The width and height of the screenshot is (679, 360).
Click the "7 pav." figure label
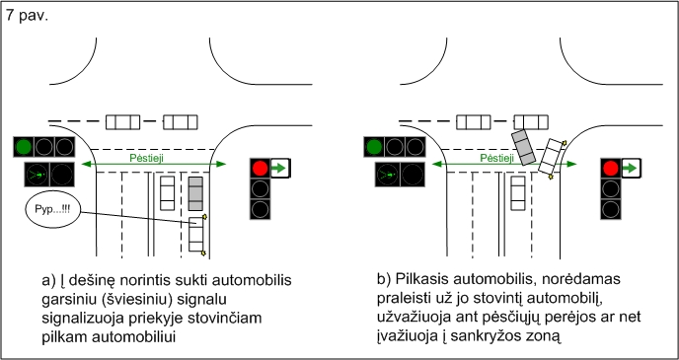point(27,16)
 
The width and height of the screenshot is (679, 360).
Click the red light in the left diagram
point(260,168)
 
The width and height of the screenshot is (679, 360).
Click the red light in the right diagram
point(611,168)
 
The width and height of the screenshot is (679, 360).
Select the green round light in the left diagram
point(24,147)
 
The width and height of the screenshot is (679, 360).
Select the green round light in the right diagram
point(374,147)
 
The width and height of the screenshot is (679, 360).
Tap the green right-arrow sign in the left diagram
point(280,168)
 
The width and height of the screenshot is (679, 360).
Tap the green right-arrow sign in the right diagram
point(632,168)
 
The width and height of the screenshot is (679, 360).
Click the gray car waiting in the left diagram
point(195,194)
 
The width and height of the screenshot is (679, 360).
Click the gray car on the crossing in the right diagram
point(523,147)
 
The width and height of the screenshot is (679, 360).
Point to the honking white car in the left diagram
point(195,234)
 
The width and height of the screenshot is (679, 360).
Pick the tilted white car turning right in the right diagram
point(552,157)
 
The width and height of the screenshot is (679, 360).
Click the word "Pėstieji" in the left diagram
point(147,159)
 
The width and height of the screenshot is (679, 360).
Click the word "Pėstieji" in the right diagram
point(497,159)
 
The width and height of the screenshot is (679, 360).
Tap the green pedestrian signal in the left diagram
point(37,175)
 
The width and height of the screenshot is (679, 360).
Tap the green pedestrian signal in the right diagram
point(387,175)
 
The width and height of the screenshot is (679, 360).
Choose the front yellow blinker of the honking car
point(204,216)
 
